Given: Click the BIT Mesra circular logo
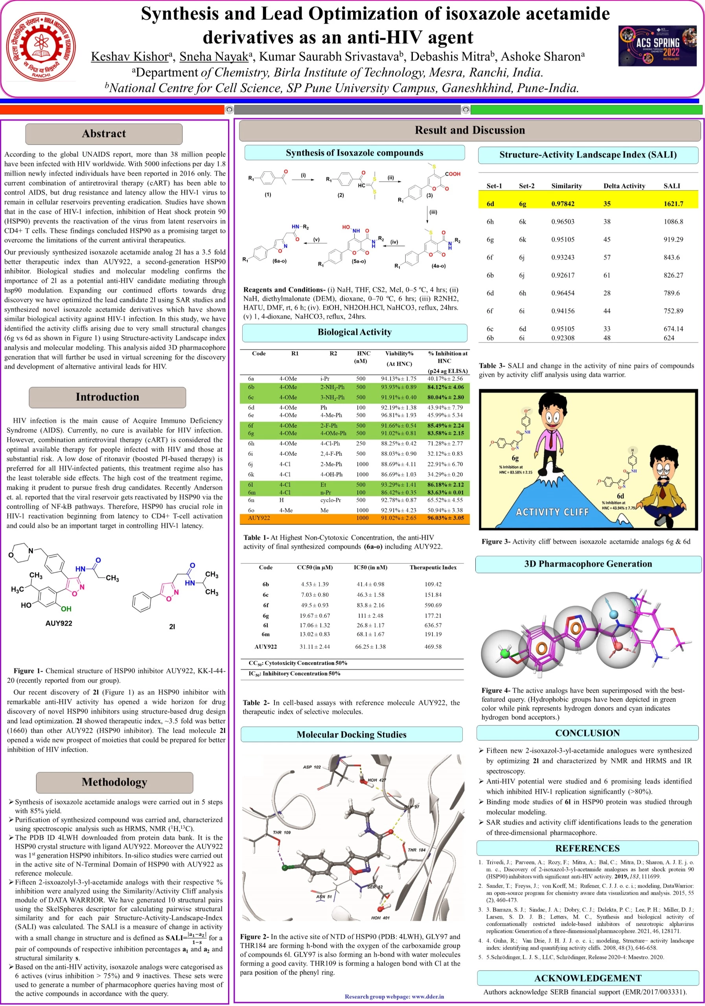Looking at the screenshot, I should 43,46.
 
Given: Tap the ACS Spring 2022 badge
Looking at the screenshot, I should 657,46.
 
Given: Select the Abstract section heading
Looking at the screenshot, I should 103,134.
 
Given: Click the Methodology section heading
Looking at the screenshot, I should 114,782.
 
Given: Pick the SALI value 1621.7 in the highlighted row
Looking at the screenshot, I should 673,204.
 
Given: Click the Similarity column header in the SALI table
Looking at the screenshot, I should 566,186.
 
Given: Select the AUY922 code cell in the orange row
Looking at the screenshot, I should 259,518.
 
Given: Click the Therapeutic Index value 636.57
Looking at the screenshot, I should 433,625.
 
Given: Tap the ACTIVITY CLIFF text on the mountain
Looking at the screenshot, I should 552,512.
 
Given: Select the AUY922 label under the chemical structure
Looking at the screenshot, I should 59,623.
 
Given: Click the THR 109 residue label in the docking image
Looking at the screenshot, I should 282,832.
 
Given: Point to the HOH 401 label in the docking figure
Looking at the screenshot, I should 380,918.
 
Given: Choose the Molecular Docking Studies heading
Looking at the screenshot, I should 351,735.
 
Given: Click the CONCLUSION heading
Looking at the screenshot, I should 587,733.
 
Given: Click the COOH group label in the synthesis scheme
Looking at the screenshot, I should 453,174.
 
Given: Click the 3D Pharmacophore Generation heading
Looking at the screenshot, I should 587,564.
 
